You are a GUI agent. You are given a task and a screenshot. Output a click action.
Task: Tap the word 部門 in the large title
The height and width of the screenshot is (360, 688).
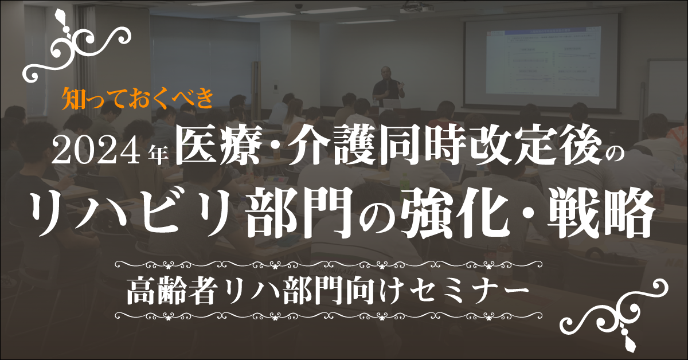(x=300, y=213)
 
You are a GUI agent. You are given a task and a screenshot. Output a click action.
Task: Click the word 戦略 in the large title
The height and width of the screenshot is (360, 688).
(x=600, y=213)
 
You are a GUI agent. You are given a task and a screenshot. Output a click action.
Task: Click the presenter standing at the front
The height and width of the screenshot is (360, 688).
(x=388, y=87)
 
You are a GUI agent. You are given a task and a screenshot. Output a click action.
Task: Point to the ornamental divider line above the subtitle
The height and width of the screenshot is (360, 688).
(x=329, y=264)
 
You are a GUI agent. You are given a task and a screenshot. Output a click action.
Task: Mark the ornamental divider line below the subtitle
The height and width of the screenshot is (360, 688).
(x=329, y=315)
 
